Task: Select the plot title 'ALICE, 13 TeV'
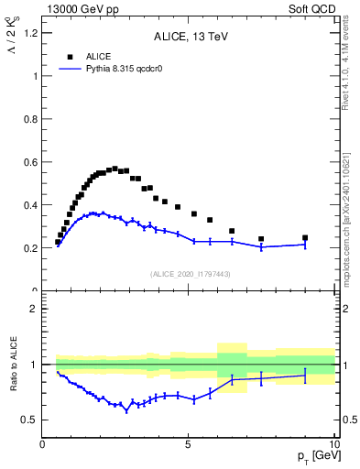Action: coord(190,37)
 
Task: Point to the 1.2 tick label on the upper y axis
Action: coord(29,33)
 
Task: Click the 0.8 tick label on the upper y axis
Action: coord(29,119)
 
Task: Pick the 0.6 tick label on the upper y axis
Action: coord(29,162)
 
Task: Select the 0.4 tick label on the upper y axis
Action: coord(29,205)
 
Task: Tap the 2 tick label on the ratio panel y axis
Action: coord(33,309)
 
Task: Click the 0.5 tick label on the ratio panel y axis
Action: coord(29,420)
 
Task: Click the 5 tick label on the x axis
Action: coord(189,444)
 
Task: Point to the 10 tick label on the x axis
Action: coord(333,444)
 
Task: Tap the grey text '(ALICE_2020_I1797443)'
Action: coord(190,274)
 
